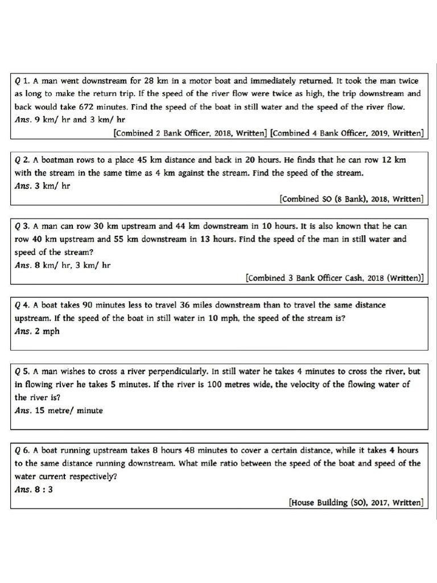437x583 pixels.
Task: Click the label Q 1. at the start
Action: (x=22, y=81)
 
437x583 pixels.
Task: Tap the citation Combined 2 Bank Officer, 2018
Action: (x=190, y=133)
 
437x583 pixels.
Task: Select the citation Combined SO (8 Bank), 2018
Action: (x=351, y=199)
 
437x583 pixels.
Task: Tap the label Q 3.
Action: (x=22, y=226)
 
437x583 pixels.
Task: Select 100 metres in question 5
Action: (x=246, y=384)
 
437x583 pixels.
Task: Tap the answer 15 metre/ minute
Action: (x=68, y=410)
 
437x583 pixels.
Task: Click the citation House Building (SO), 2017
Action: (x=356, y=502)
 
